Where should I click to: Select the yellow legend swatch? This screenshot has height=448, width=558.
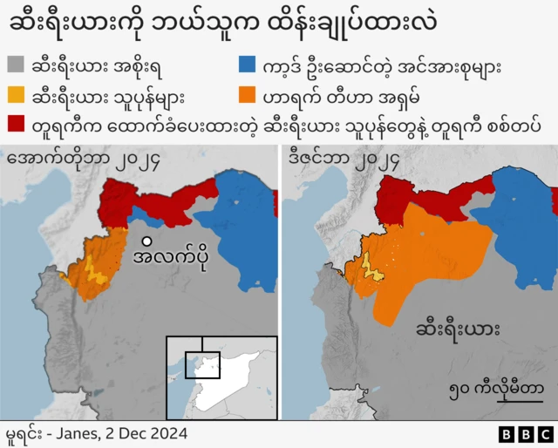point(17,94)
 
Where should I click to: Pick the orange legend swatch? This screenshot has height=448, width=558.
point(248,94)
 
